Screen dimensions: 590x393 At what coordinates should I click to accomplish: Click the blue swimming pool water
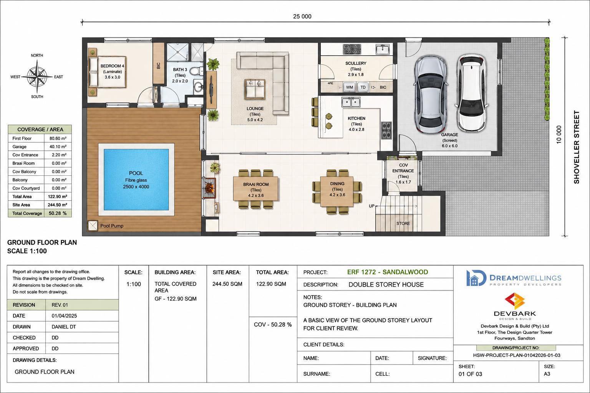point(136,180)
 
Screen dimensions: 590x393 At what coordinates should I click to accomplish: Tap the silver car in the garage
point(431,94)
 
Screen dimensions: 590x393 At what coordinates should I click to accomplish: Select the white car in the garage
point(471,93)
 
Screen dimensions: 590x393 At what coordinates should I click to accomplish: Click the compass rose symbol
point(37,77)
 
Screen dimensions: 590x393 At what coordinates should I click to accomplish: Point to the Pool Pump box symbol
point(93,226)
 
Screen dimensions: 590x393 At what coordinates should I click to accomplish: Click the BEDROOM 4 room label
point(112,66)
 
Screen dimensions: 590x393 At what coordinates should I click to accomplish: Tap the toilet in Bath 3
point(196,71)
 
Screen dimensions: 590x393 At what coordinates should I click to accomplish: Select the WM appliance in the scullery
point(350,87)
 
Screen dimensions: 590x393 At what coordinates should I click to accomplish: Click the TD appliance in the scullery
point(363,87)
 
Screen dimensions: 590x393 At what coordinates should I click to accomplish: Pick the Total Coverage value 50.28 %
point(58,213)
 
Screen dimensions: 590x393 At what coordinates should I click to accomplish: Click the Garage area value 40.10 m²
point(58,147)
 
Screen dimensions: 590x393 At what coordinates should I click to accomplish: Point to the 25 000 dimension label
point(302,17)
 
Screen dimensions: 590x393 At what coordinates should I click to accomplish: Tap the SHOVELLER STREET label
point(577,147)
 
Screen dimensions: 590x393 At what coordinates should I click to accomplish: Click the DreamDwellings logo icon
point(476,278)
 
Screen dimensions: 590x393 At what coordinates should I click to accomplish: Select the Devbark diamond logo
point(515,301)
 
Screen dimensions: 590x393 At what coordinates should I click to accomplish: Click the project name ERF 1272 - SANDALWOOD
point(388,272)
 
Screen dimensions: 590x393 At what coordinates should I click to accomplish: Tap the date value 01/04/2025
point(64,315)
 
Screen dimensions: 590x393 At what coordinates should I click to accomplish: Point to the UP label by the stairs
point(372,206)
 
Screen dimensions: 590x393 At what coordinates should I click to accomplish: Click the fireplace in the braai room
point(209,188)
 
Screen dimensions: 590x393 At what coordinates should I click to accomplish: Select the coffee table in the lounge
point(255,89)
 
